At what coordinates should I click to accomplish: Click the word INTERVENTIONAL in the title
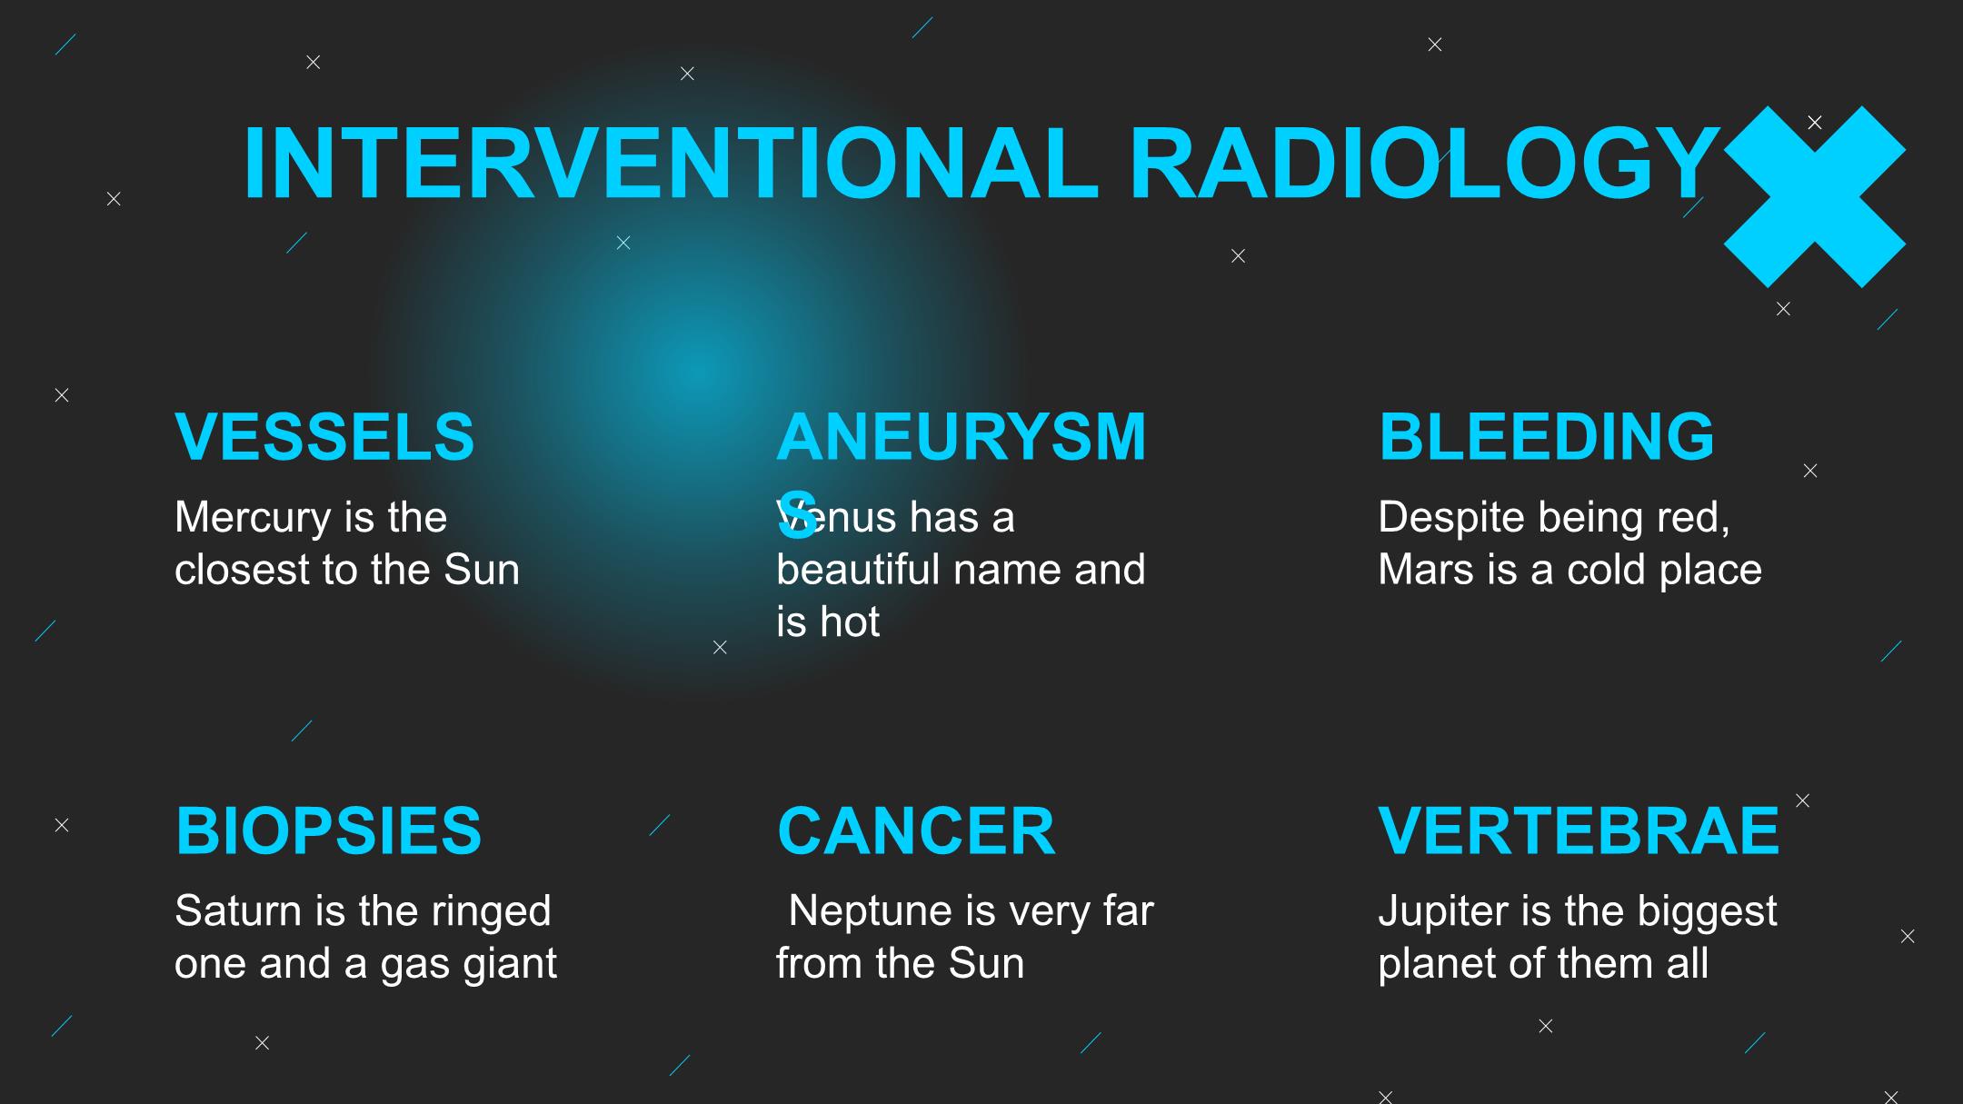671,164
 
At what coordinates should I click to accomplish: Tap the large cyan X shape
1814,197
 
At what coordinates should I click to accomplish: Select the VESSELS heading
324,437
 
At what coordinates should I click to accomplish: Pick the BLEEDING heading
1546,437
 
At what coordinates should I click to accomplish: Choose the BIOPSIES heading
328,830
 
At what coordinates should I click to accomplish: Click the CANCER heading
916,830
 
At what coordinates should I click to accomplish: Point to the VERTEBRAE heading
1579,830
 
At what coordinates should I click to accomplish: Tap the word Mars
1421,570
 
